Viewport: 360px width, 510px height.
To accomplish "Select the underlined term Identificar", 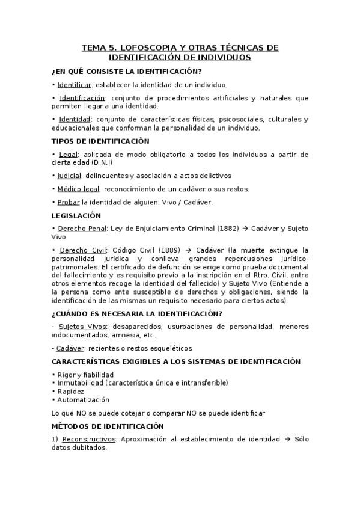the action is (74, 85).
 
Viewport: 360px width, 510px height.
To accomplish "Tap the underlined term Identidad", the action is (75, 119).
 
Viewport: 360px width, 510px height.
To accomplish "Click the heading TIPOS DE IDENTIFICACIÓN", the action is (100, 141).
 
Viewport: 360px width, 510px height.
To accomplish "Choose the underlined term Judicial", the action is (69, 176).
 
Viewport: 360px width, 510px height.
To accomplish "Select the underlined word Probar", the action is (69, 203).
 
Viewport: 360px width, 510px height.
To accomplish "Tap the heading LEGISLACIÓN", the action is (76, 215).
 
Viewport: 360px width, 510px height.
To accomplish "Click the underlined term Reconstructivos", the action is (89, 439).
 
